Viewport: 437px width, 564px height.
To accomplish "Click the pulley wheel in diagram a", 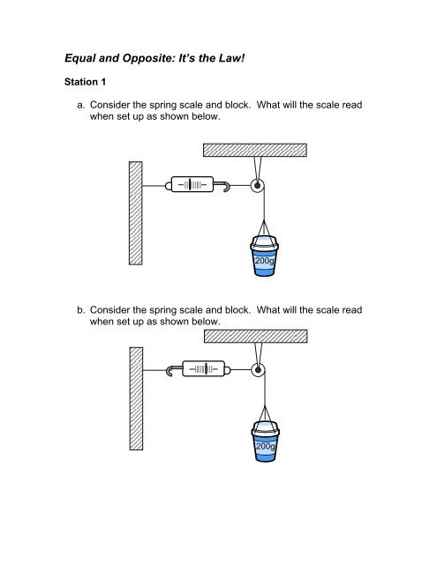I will tap(257, 186).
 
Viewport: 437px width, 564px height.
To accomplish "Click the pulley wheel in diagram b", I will tap(257, 370).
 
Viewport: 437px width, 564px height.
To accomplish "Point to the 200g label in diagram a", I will tap(264, 262).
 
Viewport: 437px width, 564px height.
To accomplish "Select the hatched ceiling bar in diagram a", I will tap(255, 150).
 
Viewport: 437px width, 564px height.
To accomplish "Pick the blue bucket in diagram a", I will tap(264, 256).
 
